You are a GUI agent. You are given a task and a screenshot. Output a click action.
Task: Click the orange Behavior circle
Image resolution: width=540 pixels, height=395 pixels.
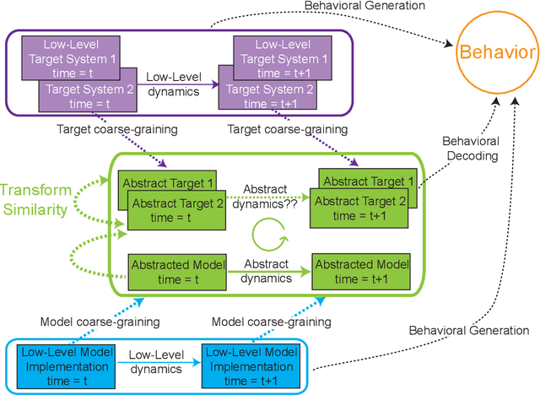point(496,53)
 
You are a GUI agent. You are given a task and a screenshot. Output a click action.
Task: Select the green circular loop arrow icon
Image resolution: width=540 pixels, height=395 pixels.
point(267,230)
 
